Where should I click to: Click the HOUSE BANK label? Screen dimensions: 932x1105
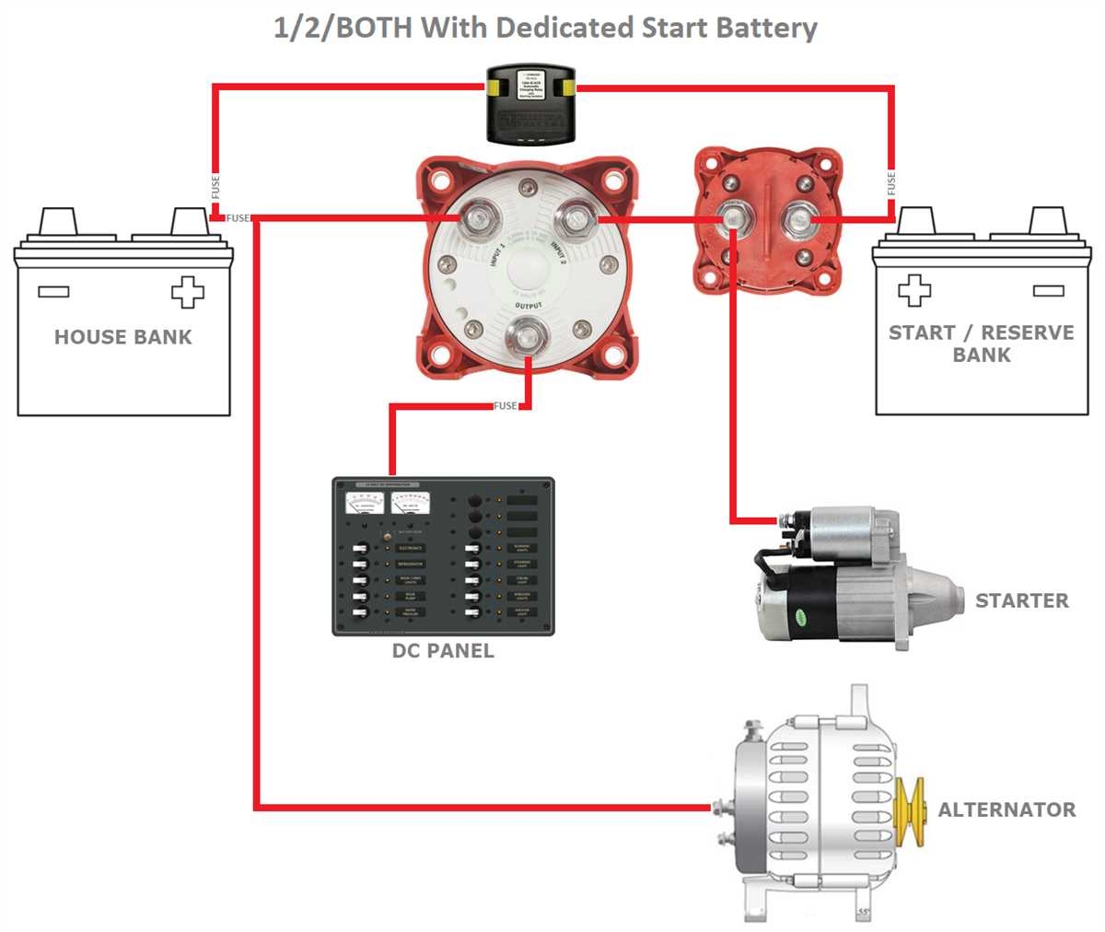click(x=122, y=337)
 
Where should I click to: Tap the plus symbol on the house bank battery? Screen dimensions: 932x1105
click(x=187, y=292)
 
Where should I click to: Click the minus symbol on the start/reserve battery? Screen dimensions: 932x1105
click(x=1049, y=291)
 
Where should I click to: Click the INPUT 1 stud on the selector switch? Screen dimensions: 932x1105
click(x=481, y=218)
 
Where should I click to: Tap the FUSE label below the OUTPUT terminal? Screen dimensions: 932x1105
click(x=505, y=406)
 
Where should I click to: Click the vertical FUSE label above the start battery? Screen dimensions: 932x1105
click(x=891, y=183)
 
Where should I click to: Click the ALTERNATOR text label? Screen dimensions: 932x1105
click(x=1006, y=810)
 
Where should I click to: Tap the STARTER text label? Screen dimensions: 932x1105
click(x=1021, y=601)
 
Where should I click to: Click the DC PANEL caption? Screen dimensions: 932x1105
click(x=443, y=651)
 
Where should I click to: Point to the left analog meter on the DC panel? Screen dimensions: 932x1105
click(x=365, y=504)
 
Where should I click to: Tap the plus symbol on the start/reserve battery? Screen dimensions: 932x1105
click(x=913, y=291)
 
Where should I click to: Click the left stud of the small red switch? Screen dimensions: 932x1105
click(x=732, y=219)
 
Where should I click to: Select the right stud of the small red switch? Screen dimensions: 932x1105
click(x=797, y=220)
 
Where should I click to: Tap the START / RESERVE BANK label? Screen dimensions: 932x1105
click(x=981, y=344)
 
